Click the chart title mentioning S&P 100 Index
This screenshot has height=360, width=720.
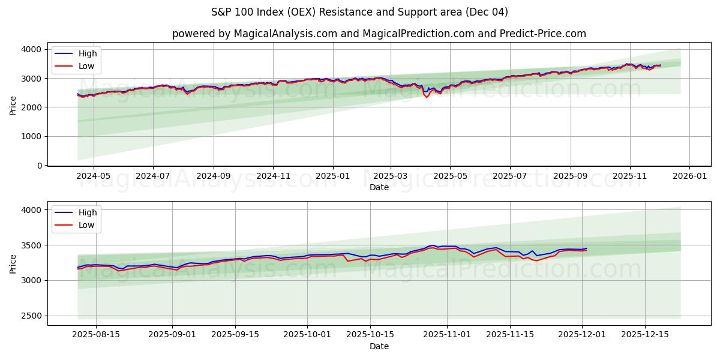pyautogui.click(x=359, y=12)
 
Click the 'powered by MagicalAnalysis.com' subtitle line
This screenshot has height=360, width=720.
pyautogui.click(x=379, y=34)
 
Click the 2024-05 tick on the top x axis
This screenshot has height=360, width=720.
pyautogui.click(x=94, y=177)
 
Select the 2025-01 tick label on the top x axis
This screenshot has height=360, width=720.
pyautogui.click(x=332, y=177)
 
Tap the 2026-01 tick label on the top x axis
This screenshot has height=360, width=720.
pyautogui.click(x=689, y=177)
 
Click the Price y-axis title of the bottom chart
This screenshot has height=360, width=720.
pyautogui.click(x=13, y=263)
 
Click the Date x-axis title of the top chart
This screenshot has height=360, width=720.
pyautogui.click(x=379, y=187)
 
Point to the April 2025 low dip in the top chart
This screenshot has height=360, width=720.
pyautogui.click(x=427, y=97)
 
